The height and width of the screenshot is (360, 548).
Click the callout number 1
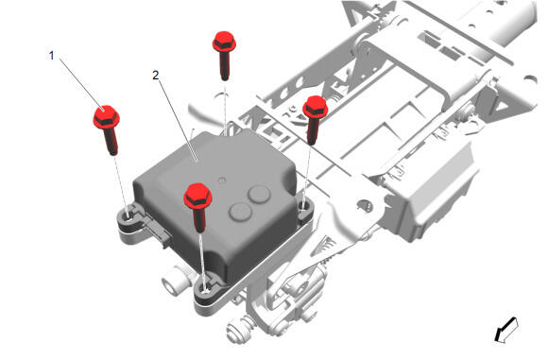click(x=52, y=56)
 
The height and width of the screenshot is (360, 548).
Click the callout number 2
click(x=156, y=76)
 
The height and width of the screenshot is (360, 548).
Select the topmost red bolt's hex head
click(x=224, y=42)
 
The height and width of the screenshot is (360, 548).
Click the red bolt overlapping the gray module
click(x=197, y=207)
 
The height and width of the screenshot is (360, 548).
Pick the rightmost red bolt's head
click(x=316, y=106)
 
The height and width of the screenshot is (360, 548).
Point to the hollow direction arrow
click(x=505, y=329)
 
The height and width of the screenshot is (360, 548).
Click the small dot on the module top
click(x=222, y=180)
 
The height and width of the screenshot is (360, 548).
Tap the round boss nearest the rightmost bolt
click(x=259, y=195)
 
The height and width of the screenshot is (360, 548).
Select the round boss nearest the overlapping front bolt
click(x=240, y=212)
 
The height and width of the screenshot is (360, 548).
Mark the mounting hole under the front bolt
click(x=206, y=289)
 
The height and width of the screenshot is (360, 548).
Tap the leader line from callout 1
click(x=82, y=83)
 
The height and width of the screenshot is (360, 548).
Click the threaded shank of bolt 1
click(x=111, y=141)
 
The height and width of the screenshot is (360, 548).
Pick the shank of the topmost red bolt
click(x=225, y=65)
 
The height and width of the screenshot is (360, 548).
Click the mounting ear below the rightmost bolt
click(x=305, y=210)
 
